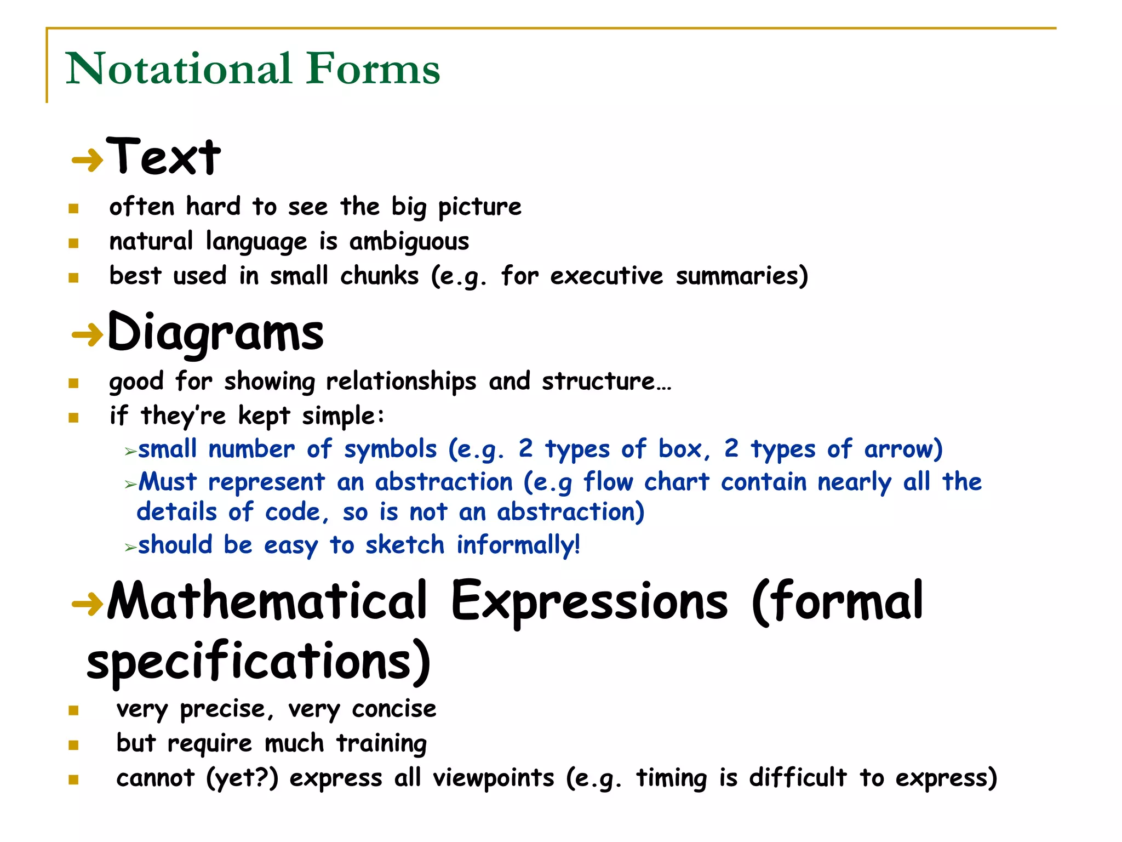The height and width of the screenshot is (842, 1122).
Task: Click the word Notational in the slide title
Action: click(x=179, y=69)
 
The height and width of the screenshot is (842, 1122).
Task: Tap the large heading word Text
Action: click(x=164, y=157)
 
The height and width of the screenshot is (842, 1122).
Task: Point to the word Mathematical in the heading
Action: click(x=267, y=602)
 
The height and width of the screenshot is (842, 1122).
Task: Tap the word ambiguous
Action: click(x=409, y=242)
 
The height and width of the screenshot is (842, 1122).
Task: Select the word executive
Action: click(x=606, y=276)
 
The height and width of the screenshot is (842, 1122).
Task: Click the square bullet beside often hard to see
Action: click(x=74, y=209)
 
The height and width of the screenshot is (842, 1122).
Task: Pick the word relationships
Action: click(x=401, y=382)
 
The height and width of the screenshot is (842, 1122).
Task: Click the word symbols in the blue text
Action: click(x=390, y=450)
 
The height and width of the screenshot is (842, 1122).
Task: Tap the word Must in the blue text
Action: click(x=168, y=482)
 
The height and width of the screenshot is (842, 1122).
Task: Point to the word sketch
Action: click(x=405, y=545)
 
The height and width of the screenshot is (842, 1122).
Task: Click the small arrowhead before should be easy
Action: click(x=130, y=547)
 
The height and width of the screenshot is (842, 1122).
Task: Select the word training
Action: click(x=381, y=744)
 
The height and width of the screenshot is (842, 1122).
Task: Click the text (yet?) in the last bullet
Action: click(x=242, y=778)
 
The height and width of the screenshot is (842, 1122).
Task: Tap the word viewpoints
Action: click(x=494, y=778)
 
